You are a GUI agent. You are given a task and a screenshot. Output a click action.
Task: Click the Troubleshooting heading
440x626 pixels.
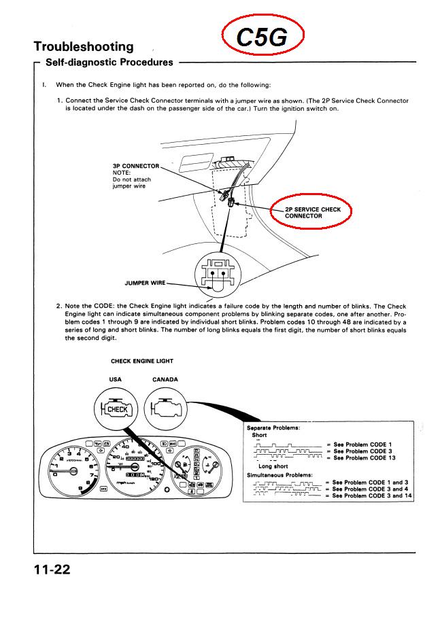84,47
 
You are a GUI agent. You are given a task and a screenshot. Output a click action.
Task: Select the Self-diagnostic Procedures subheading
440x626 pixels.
109,63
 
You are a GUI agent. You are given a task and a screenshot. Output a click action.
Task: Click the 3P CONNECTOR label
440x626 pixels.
136,167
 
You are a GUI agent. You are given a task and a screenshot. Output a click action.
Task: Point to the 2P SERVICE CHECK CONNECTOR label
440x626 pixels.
313,212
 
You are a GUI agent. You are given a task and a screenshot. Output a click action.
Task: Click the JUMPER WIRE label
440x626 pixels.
144,283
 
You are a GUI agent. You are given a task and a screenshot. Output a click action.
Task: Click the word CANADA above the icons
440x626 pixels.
165,379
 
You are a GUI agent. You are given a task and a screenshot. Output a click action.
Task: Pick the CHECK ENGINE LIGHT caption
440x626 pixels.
141,361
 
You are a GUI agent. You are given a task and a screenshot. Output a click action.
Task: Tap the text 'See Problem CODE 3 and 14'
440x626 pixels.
369,496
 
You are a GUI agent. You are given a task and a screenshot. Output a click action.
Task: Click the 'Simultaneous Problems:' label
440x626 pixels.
279,474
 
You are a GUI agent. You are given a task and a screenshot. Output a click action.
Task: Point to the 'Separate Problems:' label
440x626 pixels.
273,428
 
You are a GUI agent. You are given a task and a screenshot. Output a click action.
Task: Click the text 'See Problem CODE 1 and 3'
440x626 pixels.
367,482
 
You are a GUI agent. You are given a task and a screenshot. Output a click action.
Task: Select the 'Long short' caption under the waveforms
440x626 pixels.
273,466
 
